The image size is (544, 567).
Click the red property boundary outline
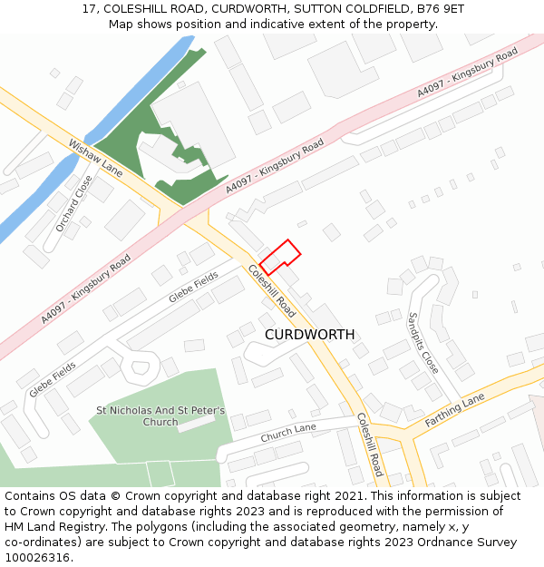(280, 257)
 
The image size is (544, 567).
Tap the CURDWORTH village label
(309, 335)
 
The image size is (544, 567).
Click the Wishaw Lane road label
(95, 157)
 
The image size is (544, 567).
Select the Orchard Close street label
(73, 203)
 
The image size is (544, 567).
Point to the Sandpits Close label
(423, 343)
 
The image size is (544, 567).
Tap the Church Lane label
(288, 435)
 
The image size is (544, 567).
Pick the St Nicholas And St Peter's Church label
(160, 416)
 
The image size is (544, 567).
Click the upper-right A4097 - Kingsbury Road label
(467, 73)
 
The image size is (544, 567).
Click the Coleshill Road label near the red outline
(272, 290)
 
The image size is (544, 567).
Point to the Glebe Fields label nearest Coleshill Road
(193, 288)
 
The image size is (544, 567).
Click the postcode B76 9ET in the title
(443, 8)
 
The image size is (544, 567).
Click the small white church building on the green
(196, 421)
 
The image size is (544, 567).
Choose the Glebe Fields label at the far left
(53, 378)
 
